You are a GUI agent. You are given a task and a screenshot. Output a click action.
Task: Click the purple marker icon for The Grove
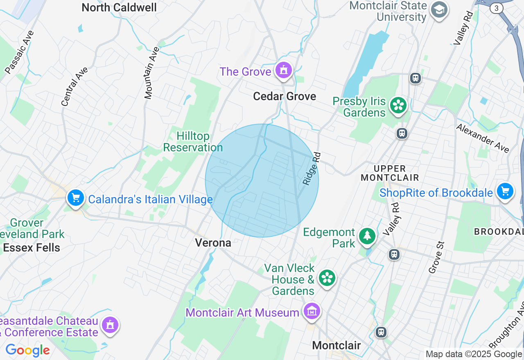click(283, 71)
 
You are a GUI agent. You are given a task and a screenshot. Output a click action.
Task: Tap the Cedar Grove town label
click(285, 97)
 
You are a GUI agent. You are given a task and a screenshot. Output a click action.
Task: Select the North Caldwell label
click(119, 7)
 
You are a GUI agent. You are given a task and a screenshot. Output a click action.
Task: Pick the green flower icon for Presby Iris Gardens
click(398, 106)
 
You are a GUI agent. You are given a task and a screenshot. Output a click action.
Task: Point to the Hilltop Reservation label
click(193, 142)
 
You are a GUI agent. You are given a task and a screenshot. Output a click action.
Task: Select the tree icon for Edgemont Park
click(367, 236)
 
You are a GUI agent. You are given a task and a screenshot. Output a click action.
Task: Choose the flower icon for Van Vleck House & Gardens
click(327, 279)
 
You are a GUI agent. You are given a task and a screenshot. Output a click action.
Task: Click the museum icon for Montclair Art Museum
click(312, 312)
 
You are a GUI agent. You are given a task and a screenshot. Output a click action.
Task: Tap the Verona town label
click(213, 243)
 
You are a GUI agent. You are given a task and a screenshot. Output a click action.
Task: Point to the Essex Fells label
click(32, 248)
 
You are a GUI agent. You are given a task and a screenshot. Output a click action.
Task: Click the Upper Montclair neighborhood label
click(390, 173)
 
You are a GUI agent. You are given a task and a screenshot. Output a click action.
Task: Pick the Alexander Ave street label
click(483, 138)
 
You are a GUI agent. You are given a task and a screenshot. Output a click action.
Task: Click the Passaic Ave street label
click(20, 52)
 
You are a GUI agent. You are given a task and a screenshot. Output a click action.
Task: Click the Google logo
click(27, 351)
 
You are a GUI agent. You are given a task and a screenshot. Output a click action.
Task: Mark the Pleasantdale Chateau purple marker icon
click(110, 326)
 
